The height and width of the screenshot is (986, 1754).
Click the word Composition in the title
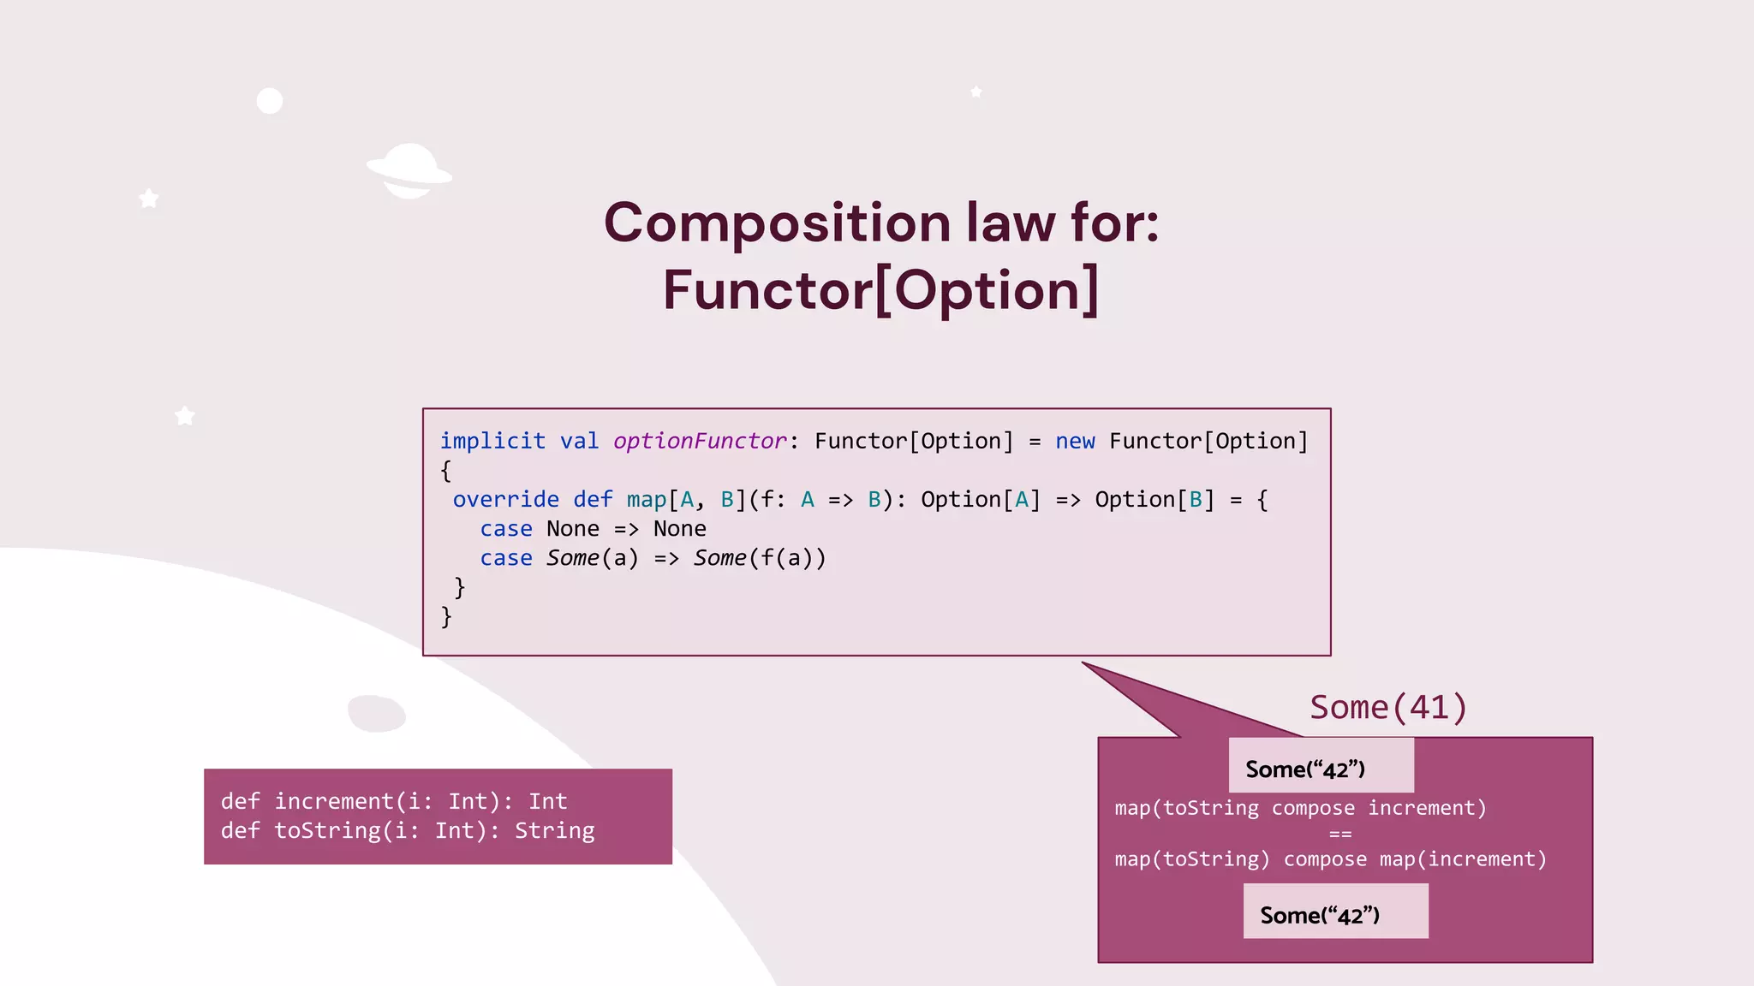777,223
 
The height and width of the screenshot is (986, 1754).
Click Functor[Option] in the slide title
880,290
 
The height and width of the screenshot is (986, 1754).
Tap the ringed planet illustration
409,171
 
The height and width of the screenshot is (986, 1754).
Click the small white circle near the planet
270,101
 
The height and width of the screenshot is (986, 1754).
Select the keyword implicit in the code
492,441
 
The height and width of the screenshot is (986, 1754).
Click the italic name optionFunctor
700,441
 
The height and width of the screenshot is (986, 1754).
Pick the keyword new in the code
1075,441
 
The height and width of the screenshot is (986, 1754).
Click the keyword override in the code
505,499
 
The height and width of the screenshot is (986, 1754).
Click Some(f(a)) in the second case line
760,558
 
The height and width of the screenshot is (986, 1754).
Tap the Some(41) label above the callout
1388,708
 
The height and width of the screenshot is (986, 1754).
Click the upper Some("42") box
1320,767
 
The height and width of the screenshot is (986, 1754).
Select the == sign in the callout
1340,834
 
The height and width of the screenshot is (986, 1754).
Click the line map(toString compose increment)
1300,808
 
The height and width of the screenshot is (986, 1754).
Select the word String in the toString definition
554,830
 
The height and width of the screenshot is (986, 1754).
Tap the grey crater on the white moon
377,714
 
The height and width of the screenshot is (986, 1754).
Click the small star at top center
975,92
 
